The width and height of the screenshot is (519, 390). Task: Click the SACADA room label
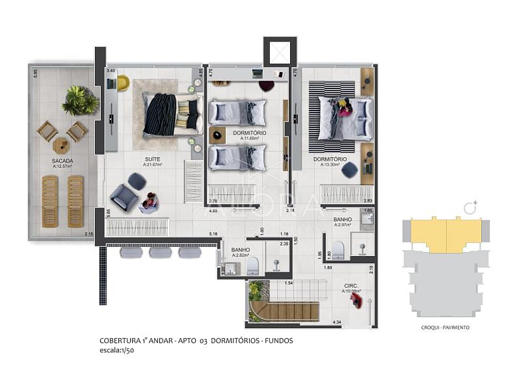point(62,160)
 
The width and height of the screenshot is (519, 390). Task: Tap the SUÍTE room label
point(153,159)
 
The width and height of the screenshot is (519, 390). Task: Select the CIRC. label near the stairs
point(351,285)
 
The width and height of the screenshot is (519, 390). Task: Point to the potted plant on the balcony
point(81,101)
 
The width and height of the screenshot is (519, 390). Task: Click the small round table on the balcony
point(62,144)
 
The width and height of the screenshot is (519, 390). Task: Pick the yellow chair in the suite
point(123,83)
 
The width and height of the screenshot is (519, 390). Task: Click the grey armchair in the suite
point(124,197)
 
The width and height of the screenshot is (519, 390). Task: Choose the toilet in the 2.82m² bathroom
point(252,265)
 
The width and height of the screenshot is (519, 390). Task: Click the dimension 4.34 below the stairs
point(336,322)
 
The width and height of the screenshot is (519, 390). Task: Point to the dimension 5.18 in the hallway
point(213,233)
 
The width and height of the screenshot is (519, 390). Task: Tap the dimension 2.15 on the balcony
point(88,233)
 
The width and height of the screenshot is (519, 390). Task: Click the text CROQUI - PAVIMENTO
point(446,328)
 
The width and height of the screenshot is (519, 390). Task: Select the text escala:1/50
point(117,350)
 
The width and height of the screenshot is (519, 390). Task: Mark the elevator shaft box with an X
point(280,53)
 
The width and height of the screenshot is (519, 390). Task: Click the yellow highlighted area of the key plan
point(446,234)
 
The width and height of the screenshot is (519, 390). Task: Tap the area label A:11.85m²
point(250,138)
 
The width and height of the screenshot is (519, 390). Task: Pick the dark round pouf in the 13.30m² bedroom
point(350,170)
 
